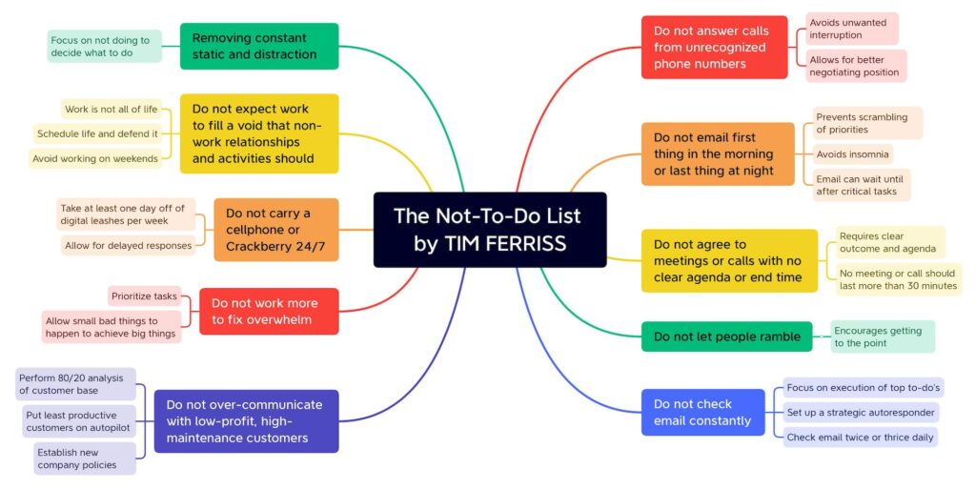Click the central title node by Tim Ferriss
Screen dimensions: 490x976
coord(489,229)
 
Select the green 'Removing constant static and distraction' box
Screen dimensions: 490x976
coord(259,46)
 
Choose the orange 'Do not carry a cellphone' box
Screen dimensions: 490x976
coord(276,229)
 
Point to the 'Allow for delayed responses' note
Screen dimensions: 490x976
coord(128,245)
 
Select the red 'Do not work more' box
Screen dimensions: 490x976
coord(269,311)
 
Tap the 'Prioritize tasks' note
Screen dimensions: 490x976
coord(144,296)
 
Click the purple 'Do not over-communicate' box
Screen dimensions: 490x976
coord(246,420)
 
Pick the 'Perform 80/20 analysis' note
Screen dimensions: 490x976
coord(76,383)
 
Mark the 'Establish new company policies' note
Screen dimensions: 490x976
coord(85,458)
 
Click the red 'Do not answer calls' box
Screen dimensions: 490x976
coord(714,47)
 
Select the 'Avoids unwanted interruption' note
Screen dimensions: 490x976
coord(852,29)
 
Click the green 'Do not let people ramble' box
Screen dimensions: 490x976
coord(726,337)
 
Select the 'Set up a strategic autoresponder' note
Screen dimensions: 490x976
coord(861,413)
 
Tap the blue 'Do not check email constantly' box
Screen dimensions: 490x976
coord(702,412)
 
